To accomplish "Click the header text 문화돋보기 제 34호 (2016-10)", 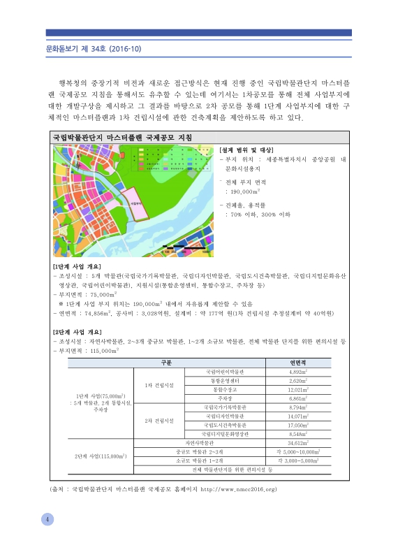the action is point(88,49).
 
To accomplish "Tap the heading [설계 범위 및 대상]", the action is point(246,150).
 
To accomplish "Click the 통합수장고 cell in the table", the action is point(226,389).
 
